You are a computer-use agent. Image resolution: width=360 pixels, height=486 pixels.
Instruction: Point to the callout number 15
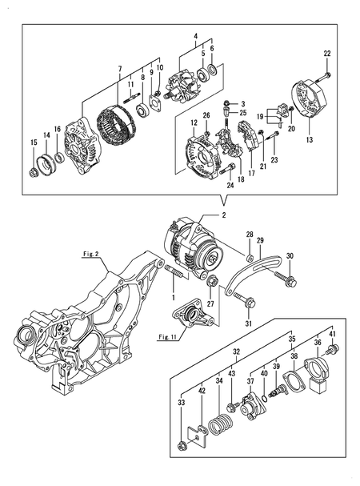pos(33,143)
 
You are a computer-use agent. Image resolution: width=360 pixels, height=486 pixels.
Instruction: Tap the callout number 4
pos(194,37)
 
